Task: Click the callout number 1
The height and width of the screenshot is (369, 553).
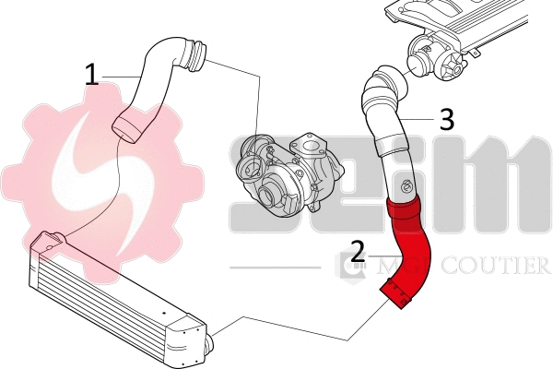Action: point(91,75)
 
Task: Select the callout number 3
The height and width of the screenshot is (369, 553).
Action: point(445,119)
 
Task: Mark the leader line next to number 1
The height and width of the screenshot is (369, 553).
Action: point(120,74)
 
